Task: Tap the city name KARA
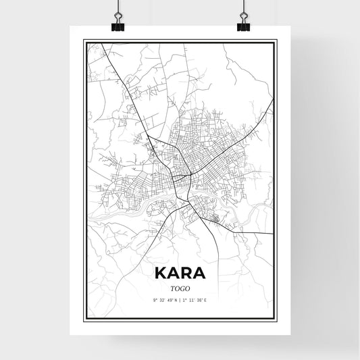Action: [180, 273]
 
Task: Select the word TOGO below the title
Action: [180, 288]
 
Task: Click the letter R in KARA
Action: [188, 273]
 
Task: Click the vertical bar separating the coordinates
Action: [180, 300]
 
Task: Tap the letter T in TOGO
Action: [172, 288]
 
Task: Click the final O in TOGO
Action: [188, 288]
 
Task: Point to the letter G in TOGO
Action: [183, 288]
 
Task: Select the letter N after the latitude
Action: [176, 300]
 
